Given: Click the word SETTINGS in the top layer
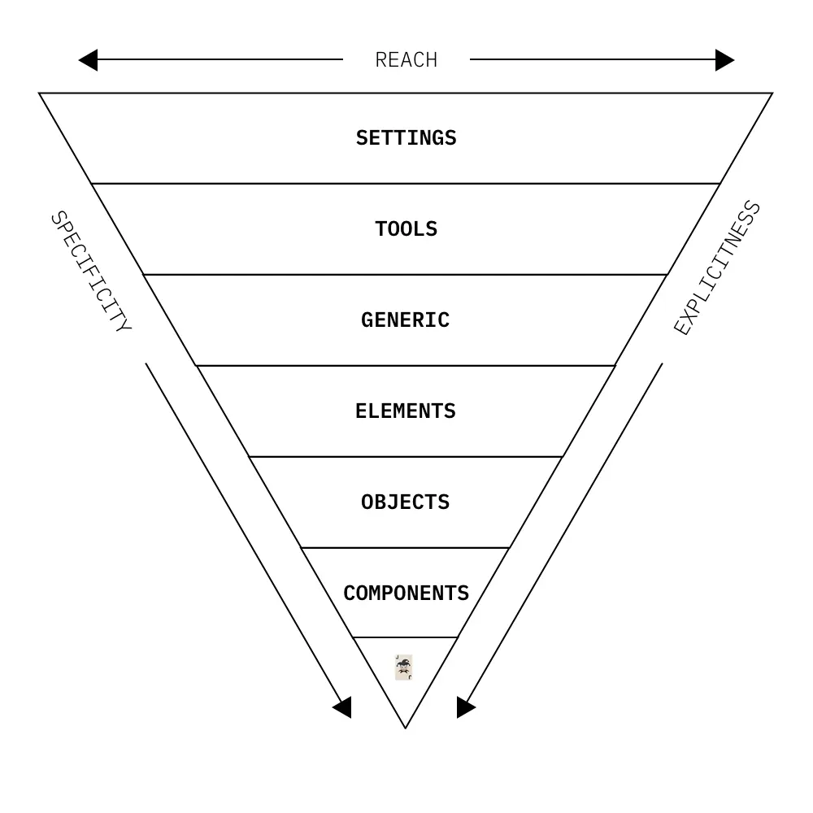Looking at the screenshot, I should pyautogui.click(x=406, y=138).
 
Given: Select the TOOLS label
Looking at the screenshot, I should pyautogui.click(x=406, y=229).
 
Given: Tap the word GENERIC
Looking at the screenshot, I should pyautogui.click(x=405, y=320).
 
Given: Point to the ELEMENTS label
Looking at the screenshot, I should pyautogui.click(x=405, y=411).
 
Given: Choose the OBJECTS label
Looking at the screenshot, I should pyautogui.click(x=405, y=502).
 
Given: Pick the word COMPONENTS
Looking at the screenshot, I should pyautogui.click(x=406, y=593).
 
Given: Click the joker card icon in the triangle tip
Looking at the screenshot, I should pyautogui.click(x=404, y=667).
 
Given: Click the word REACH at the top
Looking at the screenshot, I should pyautogui.click(x=406, y=60).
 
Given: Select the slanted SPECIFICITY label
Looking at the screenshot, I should pyautogui.click(x=90, y=272).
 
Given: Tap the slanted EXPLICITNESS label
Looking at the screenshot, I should pyautogui.click(x=717, y=268).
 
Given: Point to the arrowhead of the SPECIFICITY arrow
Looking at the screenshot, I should pyautogui.click(x=343, y=707).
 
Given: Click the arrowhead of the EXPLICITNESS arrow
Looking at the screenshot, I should pyautogui.click(x=465, y=707).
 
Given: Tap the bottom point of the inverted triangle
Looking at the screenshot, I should pyautogui.click(x=405, y=727).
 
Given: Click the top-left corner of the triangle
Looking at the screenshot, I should pyautogui.click(x=40, y=93).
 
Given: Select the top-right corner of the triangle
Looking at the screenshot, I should pyautogui.click(x=772, y=93).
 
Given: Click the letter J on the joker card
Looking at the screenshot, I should pyautogui.click(x=398, y=658).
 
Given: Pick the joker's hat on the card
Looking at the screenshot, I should pyautogui.click(x=403, y=663).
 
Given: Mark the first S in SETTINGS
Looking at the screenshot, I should pyautogui.click(x=361, y=138).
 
